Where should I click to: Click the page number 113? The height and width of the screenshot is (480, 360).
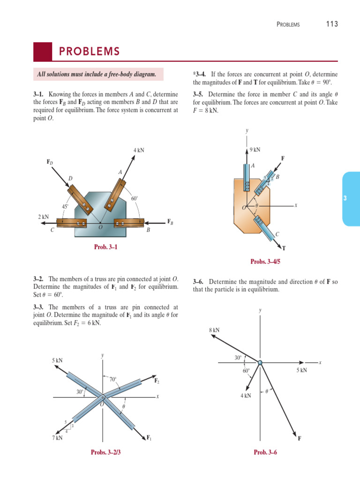332,24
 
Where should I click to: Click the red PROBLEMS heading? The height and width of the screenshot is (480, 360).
89,52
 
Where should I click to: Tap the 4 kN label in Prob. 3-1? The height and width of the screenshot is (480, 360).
139,150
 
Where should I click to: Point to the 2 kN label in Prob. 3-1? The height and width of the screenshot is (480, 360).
43,217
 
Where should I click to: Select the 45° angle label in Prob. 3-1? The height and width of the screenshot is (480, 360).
66,206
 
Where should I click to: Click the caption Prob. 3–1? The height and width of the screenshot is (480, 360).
105,247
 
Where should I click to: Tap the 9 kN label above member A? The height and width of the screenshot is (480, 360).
255,150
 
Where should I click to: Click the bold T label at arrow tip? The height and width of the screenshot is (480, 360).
285,248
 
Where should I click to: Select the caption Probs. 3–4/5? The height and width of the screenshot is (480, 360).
265,262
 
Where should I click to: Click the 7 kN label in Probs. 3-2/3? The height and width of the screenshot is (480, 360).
57,438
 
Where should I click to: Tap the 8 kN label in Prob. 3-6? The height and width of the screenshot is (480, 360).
214,330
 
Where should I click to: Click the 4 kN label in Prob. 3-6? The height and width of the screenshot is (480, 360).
246,396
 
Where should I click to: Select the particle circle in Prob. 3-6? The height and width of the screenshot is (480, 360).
260,362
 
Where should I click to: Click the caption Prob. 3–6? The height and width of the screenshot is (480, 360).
265,452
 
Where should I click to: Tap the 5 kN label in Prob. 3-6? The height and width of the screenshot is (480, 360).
301,370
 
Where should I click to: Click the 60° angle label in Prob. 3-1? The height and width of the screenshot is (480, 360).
135,199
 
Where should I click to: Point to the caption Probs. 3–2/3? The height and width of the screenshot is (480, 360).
108,452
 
